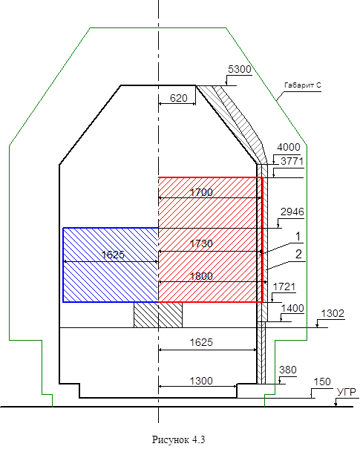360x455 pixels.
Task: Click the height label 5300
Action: pos(239,69)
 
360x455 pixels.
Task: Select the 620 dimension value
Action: pos(178,98)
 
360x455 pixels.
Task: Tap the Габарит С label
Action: pos(303,85)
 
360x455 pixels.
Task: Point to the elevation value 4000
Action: pos(288,147)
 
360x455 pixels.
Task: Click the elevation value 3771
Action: pos(292,161)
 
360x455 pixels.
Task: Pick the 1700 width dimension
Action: pos(201,192)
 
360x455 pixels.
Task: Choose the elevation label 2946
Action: pos(292,212)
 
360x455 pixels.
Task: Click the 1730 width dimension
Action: pos(201,243)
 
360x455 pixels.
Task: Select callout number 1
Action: pos(298,237)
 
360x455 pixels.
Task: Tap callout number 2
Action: pos(298,254)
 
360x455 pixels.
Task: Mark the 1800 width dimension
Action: pos(201,276)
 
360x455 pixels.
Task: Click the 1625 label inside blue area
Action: pos(113,255)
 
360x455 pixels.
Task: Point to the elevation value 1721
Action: pos(284,287)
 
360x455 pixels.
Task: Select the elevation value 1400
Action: pos(292,308)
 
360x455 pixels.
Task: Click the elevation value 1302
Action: pos(333,313)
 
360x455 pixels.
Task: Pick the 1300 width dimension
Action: pos(201,381)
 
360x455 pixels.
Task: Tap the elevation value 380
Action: pos(288,370)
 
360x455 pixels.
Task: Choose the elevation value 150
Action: pos(322,382)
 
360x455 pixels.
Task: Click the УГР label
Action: pos(347,393)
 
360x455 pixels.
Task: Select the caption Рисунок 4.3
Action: pos(178,440)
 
